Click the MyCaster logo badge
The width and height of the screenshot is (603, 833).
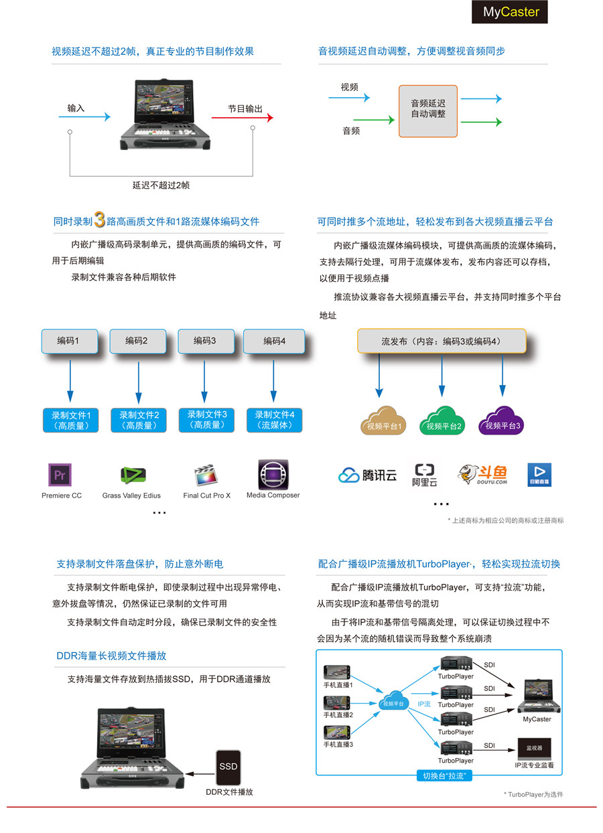point(510,12)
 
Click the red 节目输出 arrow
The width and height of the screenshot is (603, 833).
point(243,117)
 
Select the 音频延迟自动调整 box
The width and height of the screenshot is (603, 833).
point(428,110)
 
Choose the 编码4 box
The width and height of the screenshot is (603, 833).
point(274,342)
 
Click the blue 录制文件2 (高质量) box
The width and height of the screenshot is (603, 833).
point(139,420)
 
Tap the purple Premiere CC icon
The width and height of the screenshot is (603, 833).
point(60,475)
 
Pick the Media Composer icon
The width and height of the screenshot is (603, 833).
point(273,474)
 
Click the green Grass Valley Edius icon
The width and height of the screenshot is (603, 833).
point(133,475)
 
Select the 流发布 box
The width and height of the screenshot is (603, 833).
point(441,342)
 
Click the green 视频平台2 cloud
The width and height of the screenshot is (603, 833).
point(441,421)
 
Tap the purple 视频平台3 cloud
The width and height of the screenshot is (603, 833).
point(503,421)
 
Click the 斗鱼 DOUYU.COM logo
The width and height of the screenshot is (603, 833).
point(482,474)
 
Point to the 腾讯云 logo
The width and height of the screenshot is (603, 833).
point(368,475)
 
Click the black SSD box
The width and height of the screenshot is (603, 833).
point(228,766)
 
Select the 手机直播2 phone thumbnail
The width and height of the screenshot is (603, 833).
point(338,703)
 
